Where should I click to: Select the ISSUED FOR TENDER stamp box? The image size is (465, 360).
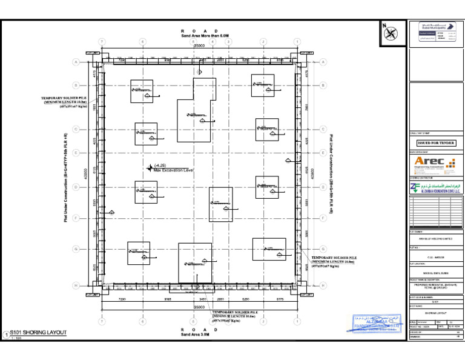pos(436,143)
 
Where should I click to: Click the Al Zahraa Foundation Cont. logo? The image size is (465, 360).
pos(435,188)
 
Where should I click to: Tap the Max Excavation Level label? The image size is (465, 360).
pos(173,170)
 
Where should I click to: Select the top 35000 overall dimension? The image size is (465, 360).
pos(199,45)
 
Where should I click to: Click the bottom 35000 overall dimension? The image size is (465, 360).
pos(199,307)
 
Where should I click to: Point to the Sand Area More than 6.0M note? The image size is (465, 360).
pos(199,36)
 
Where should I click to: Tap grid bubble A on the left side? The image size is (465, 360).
pos(76,62)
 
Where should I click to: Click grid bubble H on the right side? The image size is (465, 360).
pos(323,285)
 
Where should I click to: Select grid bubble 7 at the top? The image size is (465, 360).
pos(102,41)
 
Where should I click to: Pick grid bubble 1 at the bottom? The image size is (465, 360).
pos(297,321)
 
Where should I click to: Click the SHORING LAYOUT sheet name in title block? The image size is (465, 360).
pos(435,313)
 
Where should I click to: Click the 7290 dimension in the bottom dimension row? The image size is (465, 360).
pos(122,299)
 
